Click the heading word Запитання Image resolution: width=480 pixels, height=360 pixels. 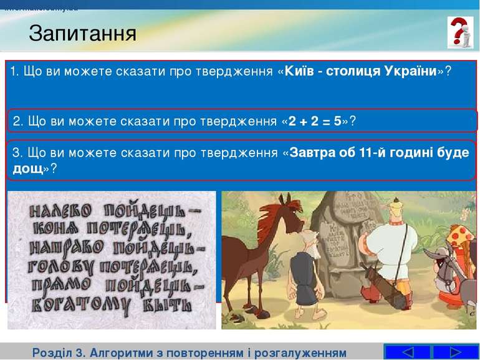82,32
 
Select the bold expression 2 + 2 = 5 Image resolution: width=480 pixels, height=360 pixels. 315,121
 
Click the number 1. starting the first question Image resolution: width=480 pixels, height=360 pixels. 14,71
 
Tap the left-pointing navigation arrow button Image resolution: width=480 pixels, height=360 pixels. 407,352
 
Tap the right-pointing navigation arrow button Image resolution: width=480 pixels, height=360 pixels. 455,352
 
